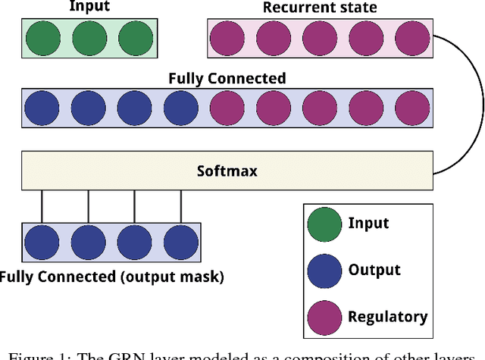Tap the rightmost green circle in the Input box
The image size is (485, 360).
134,38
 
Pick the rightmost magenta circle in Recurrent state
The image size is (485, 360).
411,38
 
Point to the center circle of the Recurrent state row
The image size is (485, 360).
319,38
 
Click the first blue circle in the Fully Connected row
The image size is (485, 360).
42,107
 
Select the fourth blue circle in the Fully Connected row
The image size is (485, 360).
180,107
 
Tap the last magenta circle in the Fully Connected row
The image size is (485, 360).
411,107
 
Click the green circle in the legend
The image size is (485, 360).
324,224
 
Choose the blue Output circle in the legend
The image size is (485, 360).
324,271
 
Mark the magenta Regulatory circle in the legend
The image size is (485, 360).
324,317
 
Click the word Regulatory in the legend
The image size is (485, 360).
387,317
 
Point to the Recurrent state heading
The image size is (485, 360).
319,8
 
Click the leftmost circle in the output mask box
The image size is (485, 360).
42,242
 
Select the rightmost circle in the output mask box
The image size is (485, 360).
180,242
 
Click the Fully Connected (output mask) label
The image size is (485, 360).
112,277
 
